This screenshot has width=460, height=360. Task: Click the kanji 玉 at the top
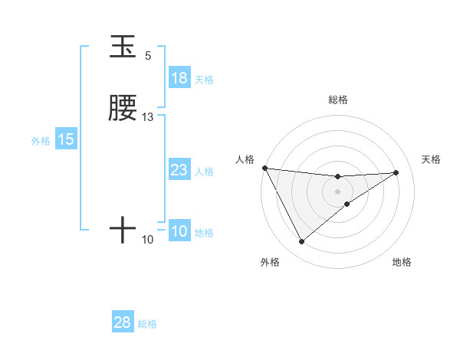click(x=123, y=47)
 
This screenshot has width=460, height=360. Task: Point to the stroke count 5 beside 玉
click(x=148, y=56)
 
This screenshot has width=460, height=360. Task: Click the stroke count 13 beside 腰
click(x=148, y=117)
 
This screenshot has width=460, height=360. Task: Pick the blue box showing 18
click(x=179, y=78)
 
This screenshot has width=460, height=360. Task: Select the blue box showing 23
click(x=179, y=171)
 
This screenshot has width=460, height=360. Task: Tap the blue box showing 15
click(x=66, y=140)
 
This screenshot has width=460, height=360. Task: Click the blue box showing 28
click(x=123, y=322)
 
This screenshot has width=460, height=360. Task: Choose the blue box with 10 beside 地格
click(x=179, y=232)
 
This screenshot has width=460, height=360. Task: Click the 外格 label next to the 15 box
click(x=41, y=141)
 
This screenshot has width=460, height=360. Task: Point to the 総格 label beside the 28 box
click(x=147, y=324)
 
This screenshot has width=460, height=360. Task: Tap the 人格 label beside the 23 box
click(x=205, y=172)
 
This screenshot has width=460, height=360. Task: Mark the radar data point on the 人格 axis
click(x=264, y=168)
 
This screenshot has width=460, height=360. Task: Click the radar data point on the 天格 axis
click(x=396, y=172)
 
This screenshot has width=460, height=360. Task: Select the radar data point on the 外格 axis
click(x=301, y=242)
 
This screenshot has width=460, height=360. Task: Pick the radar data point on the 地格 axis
click(x=347, y=204)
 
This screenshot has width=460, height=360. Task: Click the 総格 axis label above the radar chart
click(x=337, y=100)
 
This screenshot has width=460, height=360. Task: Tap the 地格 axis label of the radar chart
click(x=402, y=262)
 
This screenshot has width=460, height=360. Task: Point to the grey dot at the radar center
click(x=337, y=191)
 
